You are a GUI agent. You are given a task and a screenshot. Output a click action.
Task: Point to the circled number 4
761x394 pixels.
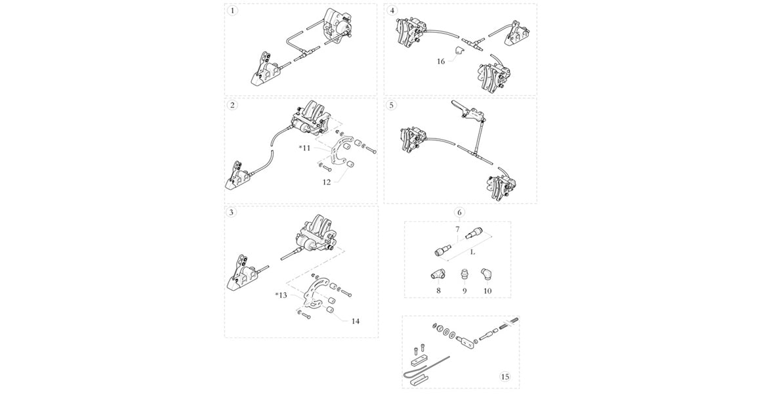[x=392, y=11]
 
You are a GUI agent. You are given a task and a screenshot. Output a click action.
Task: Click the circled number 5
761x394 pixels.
[x=392, y=105]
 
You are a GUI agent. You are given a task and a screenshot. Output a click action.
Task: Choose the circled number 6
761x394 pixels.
[x=459, y=212]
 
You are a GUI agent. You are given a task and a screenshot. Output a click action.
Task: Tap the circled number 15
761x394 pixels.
[x=504, y=377]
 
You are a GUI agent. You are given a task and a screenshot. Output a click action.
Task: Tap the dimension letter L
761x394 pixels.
[x=473, y=252]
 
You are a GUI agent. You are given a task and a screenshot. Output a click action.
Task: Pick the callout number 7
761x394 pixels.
[x=458, y=230]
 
